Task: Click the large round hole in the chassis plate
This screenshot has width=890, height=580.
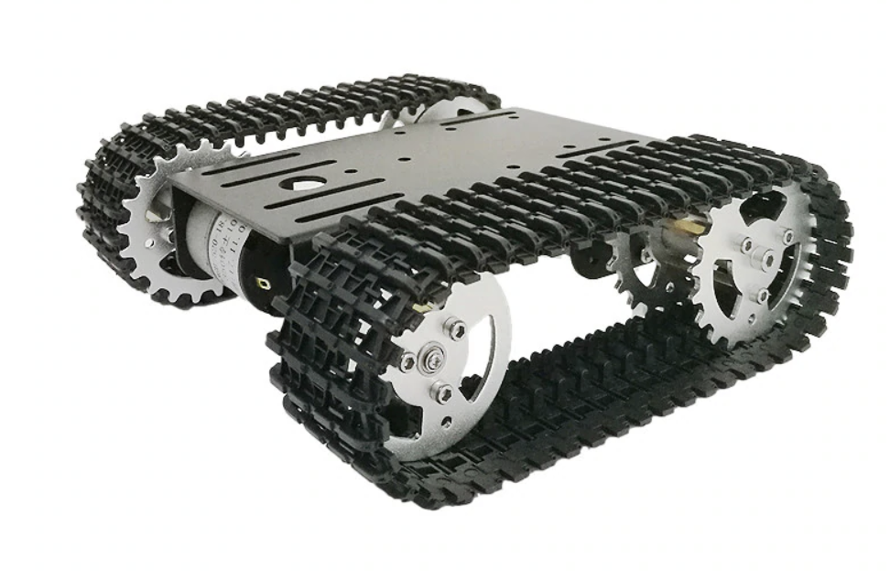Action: [298, 182]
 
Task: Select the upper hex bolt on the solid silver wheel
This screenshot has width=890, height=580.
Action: [453, 328]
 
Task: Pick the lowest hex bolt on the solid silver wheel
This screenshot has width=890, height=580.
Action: [441, 394]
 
